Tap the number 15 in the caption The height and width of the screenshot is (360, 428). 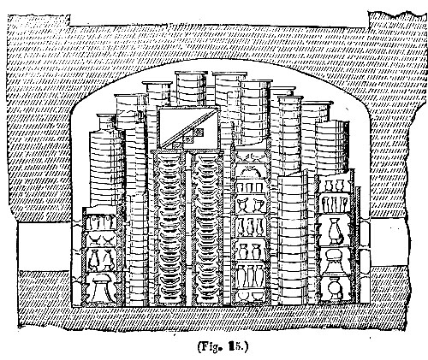(x=234, y=346)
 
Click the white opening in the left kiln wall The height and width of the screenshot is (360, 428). (x=45, y=246)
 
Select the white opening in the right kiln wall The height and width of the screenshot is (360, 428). (x=389, y=242)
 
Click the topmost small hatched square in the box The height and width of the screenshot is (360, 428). (x=199, y=132)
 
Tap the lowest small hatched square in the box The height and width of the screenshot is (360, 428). (x=177, y=145)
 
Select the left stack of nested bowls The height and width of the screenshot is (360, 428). (x=170, y=229)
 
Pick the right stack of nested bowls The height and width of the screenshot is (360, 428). (x=208, y=229)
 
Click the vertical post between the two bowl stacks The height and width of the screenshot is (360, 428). (x=188, y=229)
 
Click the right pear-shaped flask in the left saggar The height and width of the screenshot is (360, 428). (x=108, y=260)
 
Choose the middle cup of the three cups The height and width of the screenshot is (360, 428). (x=249, y=187)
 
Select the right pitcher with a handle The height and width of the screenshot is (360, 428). (x=259, y=205)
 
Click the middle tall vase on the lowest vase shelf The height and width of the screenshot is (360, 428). (x=251, y=276)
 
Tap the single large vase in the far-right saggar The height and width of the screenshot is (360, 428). (x=335, y=231)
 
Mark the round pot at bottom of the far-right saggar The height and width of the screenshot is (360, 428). (x=334, y=289)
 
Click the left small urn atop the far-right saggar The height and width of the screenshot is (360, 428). (x=329, y=186)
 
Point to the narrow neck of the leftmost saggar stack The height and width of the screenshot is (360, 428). (x=106, y=123)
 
